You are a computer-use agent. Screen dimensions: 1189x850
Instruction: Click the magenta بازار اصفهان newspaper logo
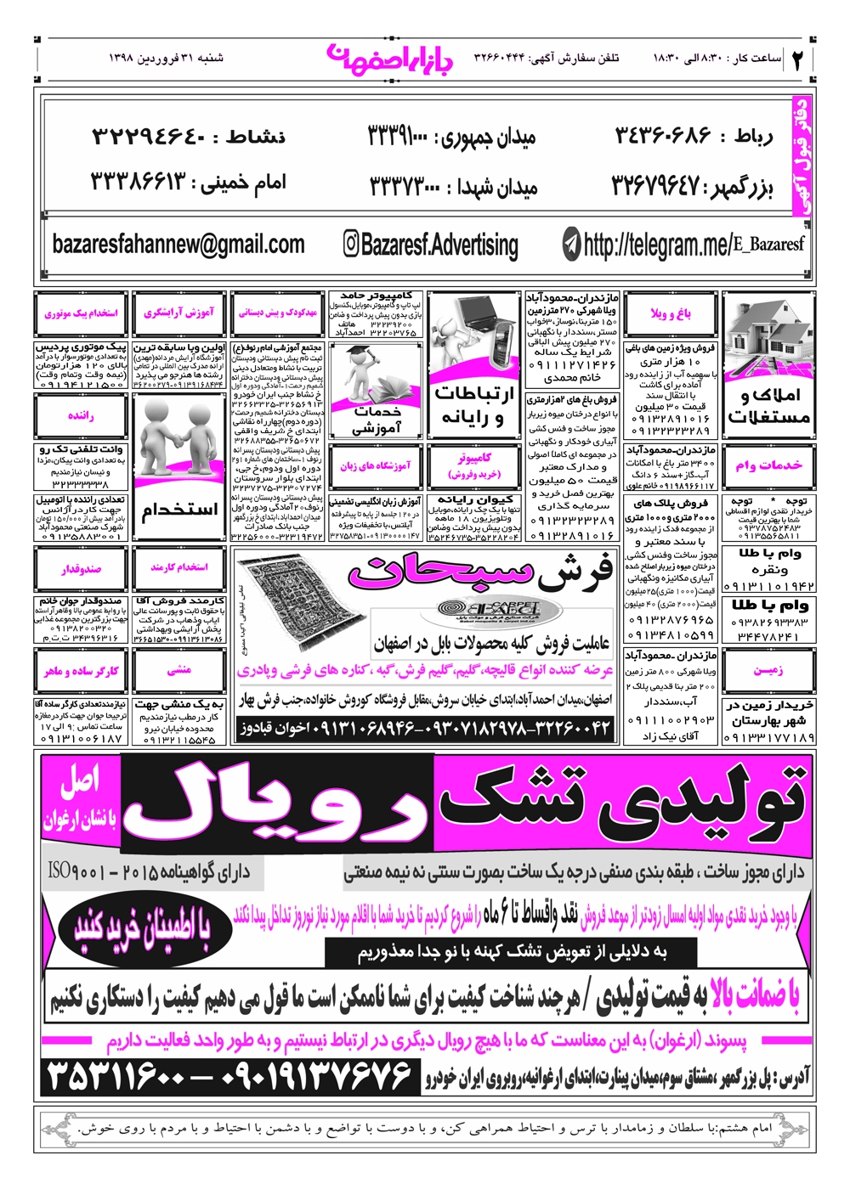tap(389, 59)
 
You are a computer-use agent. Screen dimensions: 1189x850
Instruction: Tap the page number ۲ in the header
tap(798, 59)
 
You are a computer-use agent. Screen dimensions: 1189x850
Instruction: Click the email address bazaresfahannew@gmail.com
tap(178, 245)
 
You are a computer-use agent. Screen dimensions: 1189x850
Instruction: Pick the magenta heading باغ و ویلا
tap(671, 313)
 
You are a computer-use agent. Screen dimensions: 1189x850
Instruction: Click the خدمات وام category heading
tap(768, 465)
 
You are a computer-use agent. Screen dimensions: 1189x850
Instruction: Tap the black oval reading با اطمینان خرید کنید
tap(154, 927)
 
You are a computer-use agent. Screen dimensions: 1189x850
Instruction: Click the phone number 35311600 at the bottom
tap(116, 1077)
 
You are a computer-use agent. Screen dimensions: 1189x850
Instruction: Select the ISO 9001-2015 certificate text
tap(85, 871)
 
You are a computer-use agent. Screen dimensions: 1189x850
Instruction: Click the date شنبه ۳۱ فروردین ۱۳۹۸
tap(166, 59)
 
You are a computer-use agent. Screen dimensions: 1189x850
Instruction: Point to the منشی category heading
tap(178, 670)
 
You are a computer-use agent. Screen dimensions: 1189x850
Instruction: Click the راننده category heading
tap(81, 416)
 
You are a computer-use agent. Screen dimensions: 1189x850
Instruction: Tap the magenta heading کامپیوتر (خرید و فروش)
tap(473, 466)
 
